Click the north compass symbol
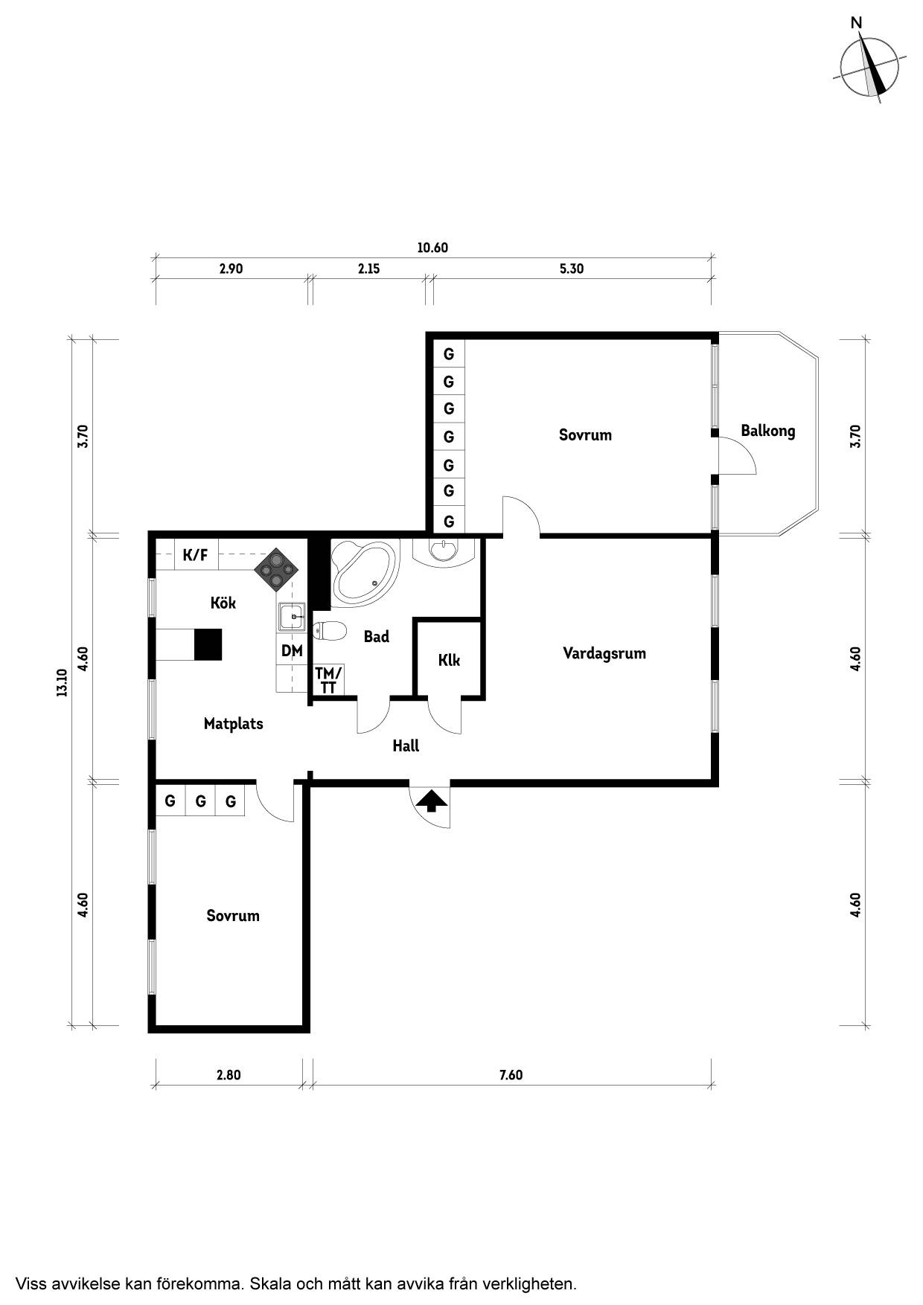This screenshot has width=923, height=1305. pyautogui.click(x=869, y=65)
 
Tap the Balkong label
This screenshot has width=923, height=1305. pyautogui.click(x=767, y=431)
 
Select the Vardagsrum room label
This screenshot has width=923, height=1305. pyautogui.click(x=604, y=653)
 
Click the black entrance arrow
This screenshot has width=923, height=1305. pyautogui.click(x=432, y=801)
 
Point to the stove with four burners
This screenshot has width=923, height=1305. pyautogui.click(x=277, y=570)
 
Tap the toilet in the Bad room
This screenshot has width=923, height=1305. pyautogui.click(x=329, y=632)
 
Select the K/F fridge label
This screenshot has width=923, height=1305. pyautogui.click(x=195, y=554)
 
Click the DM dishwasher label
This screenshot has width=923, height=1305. pyautogui.click(x=292, y=651)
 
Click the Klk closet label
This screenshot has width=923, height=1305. pyautogui.click(x=449, y=660)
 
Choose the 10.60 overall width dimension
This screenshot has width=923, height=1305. pyautogui.click(x=432, y=248)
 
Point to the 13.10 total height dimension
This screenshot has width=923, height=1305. pyautogui.click(x=61, y=682)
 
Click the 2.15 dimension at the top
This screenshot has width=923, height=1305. pyautogui.click(x=368, y=269)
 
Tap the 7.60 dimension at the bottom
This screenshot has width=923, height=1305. pyautogui.click(x=511, y=1075)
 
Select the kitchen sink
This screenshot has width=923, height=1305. pyautogui.click(x=293, y=617)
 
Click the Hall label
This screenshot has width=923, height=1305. pyautogui.click(x=406, y=746)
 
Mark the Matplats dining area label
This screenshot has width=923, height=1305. pyautogui.click(x=233, y=723)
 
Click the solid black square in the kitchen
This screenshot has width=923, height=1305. pyautogui.click(x=208, y=644)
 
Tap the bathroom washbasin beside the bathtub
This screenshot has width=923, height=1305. pyautogui.click(x=444, y=550)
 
